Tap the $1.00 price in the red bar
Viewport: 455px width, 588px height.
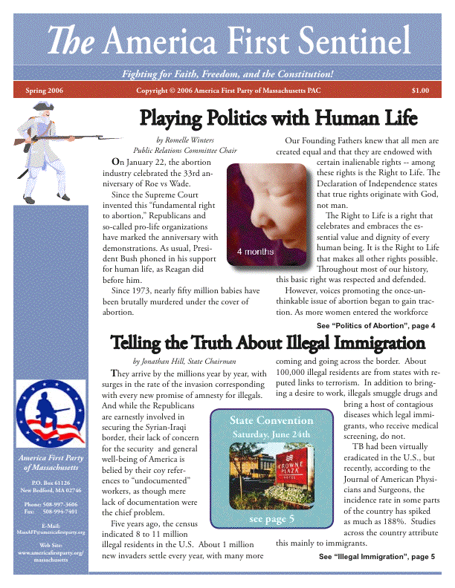[420, 91]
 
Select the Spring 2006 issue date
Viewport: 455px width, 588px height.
[45, 91]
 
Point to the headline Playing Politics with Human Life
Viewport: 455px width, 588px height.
[279, 118]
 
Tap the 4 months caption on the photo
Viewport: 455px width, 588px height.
[255, 252]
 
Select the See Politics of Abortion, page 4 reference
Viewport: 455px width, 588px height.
[375, 326]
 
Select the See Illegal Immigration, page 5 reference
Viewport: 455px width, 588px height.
[376, 556]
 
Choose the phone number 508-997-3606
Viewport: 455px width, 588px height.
[62, 505]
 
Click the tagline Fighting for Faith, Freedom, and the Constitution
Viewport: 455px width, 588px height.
[227, 75]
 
